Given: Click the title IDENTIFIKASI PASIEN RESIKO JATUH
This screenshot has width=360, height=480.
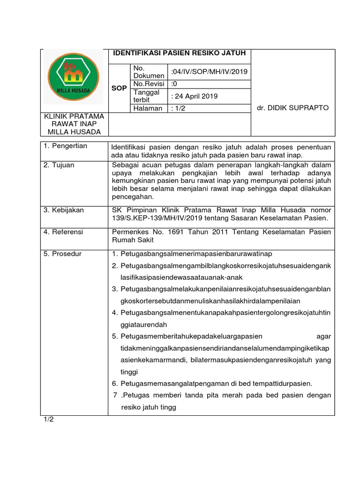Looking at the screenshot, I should (x=180, y=53).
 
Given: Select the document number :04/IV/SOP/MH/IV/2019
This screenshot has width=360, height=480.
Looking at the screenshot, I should (x=209, y=72).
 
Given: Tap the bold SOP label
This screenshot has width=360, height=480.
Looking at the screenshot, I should (x=119, y=88).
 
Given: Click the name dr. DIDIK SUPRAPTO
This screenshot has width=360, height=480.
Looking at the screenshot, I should (x=293, y=108).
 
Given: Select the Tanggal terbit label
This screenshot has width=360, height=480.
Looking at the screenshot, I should (x=147, y=96).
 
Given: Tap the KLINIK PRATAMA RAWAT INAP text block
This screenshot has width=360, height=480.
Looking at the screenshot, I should (x=74, y=124).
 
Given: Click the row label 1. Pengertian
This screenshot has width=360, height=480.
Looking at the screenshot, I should (x=65, y=146).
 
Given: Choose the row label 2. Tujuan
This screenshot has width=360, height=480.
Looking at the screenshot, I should (x=59, y=165).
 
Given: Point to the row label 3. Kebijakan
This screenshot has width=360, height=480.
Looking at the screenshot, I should (x=64, y=210).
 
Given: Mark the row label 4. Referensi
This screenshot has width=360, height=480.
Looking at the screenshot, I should (x=63, y=232).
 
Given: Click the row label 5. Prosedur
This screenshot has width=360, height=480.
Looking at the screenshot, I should (x=62, y=254).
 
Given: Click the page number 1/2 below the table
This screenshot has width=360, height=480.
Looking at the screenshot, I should (x=49, y=419).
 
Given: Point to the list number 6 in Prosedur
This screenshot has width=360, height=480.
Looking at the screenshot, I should (x=115, y=383).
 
